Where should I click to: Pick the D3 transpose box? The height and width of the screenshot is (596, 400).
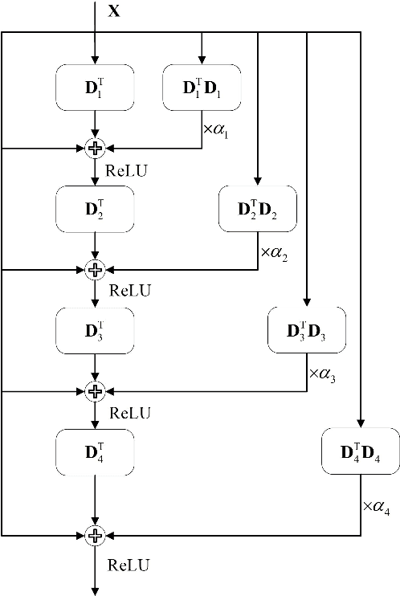point(96,329)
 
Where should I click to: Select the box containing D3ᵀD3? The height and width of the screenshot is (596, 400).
point(306,330)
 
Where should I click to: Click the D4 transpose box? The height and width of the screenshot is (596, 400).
point(96,451)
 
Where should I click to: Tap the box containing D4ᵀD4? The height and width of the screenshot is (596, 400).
point(359,452)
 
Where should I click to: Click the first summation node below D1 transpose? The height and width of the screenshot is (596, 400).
point(96,148)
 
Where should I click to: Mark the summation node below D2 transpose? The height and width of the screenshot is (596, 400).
point(96,269)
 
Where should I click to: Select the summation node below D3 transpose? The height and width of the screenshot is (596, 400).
point(96,391)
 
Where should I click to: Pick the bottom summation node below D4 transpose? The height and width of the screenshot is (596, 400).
point(96,535)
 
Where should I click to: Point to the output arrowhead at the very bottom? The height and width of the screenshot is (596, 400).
point(96,590)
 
